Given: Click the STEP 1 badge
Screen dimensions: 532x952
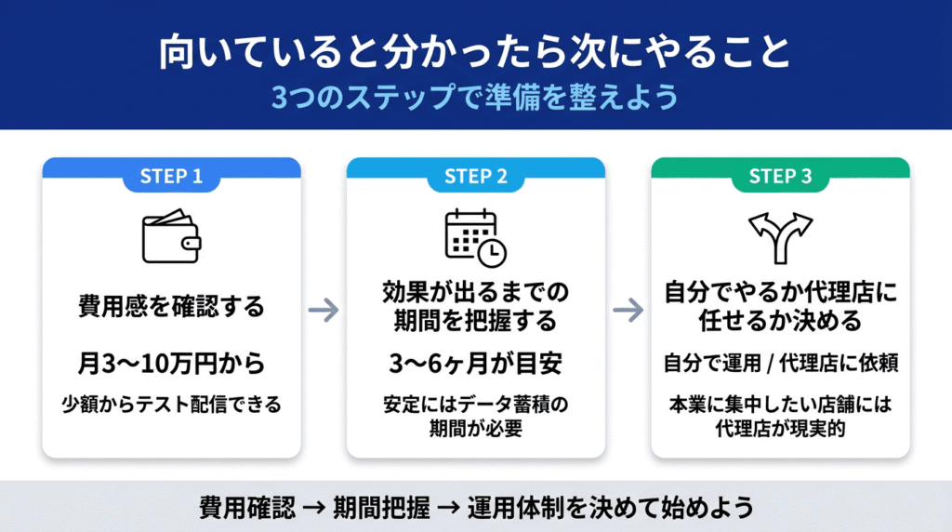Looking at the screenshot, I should (x=171, y=177).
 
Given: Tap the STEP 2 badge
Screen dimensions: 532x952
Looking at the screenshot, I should (x=475, y=177).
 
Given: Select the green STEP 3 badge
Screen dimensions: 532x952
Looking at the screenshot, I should (x=779, y=177).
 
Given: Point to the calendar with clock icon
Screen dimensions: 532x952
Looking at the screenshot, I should (x=475, y=235).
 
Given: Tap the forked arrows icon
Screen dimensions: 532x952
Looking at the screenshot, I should (x=780, y=236).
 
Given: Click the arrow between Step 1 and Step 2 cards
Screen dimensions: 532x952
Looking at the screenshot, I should (x=324, y=311).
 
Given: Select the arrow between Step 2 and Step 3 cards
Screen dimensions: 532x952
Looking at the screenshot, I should (x=628, y=311).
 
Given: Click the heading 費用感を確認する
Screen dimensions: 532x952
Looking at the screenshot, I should (x=171, y=306).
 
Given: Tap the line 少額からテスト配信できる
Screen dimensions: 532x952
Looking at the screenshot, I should (x=171, y=405).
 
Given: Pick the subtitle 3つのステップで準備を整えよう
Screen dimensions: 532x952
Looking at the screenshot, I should (x=475, y=97).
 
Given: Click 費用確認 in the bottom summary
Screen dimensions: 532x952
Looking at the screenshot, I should (x=246, y=508).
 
